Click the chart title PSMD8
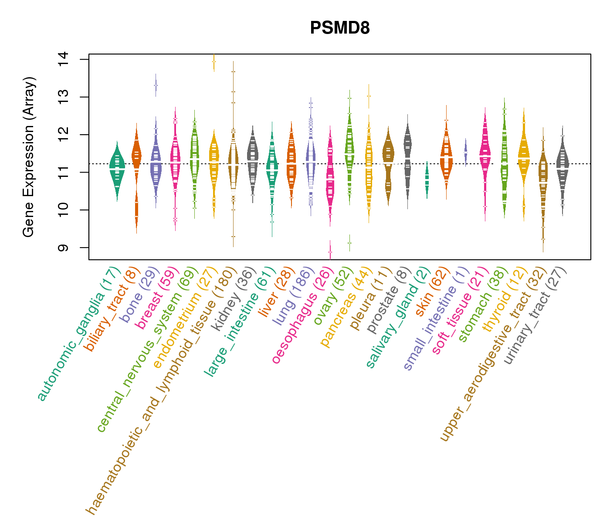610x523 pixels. (340, 28)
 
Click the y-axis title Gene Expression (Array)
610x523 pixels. (29, 157)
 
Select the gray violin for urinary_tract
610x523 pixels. (563, 170)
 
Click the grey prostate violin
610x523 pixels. (407, 157)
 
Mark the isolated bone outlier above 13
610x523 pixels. (156, 85)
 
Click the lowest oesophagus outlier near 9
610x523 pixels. (330, 252)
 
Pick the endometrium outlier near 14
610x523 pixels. (213, 62)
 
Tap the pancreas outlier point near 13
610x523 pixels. (369, 96)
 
